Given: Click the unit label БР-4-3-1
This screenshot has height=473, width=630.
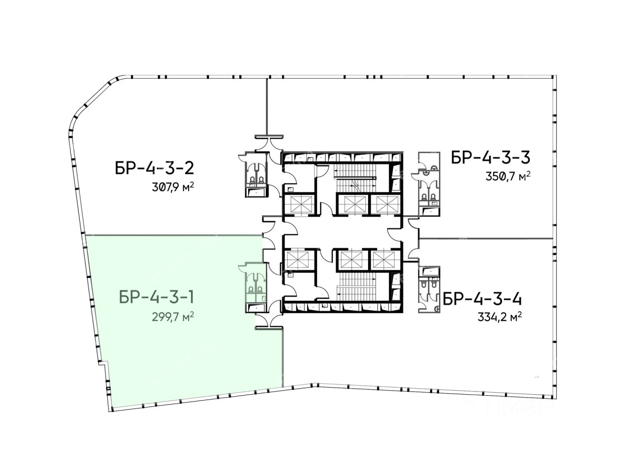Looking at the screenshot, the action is click(x=157, y=297).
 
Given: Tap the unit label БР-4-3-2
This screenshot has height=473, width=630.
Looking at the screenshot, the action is click(x=155, y=168).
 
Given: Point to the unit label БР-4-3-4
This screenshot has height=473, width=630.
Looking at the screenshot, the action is click(x=482, y=299).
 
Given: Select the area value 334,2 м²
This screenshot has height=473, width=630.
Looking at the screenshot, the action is click(x=500, y=317).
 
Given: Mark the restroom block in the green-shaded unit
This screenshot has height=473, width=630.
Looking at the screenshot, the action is click(x=254, y=287).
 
